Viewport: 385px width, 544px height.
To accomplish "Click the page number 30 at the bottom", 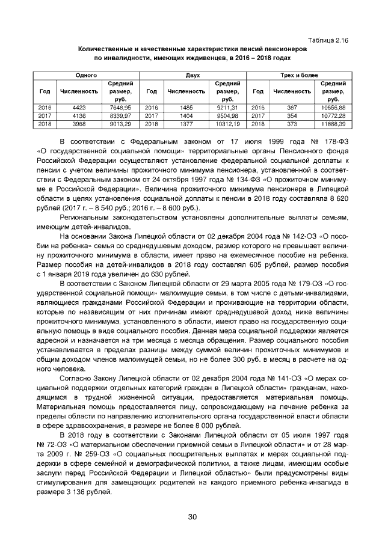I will pyautogui.click(x=192, y=516).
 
